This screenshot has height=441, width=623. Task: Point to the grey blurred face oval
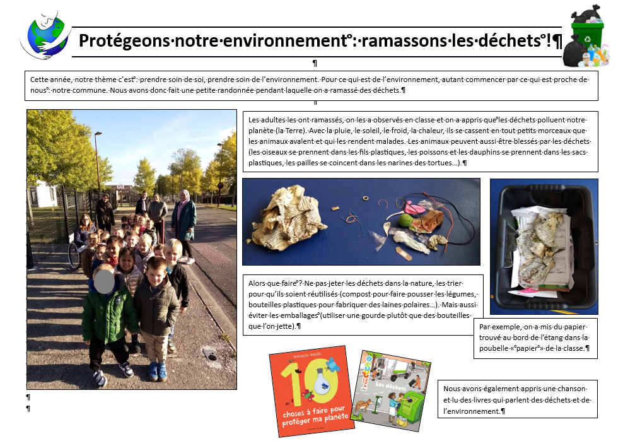click(105, 280)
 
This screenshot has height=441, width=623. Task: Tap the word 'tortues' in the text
click(425, 163)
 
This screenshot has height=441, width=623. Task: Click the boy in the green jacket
click(106, 315)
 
